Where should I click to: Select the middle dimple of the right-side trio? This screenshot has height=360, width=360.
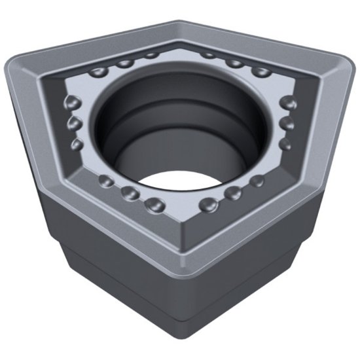click(x=287, y=122)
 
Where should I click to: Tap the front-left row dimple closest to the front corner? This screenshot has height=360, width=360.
click(x=156, y=205)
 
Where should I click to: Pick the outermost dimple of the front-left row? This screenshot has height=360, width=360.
click(x=103, y=181)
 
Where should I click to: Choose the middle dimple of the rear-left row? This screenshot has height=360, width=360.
click(x=125, y=63)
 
